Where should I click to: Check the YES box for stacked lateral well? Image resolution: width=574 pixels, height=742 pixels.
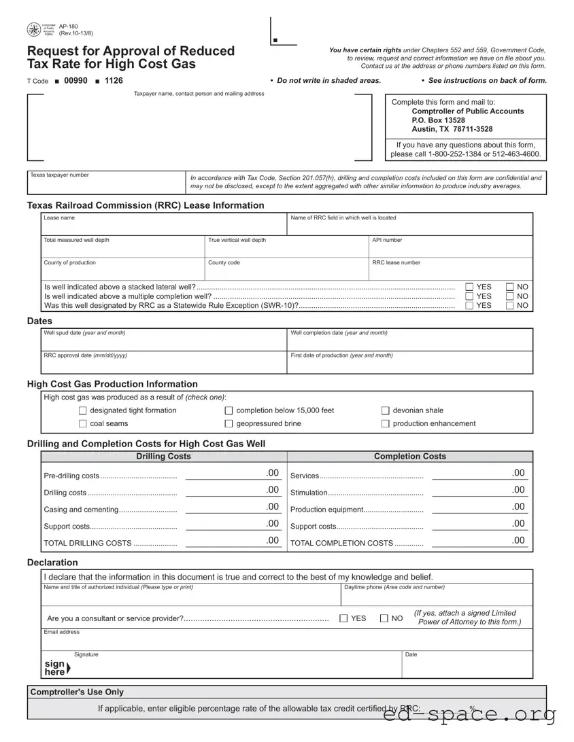pyautogui.click(x=469, y=287)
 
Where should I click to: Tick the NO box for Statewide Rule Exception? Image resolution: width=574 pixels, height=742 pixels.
pyautogui.click(x=510, y=306)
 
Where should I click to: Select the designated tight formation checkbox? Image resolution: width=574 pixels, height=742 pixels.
pyautogui.click(x=83, y=410)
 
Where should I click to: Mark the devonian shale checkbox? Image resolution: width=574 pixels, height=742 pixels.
pyautogui.click(x=386, y=410)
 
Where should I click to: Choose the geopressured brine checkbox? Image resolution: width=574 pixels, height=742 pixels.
pyautogui.click(x=229, y=424)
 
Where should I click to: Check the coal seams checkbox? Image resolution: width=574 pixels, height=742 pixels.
pyautogui.click(x=83, y=424)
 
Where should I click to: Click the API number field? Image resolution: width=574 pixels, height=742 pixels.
pyautogui.click(x=450, y=249)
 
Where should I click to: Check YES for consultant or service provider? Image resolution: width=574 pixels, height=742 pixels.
pyautogui.click(x=343, y=618)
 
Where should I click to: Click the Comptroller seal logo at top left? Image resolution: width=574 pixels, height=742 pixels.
pyautogui.click(x=34, y=30)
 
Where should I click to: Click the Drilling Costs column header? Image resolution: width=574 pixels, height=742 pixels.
pyautogui.click(x=164, y=457)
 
